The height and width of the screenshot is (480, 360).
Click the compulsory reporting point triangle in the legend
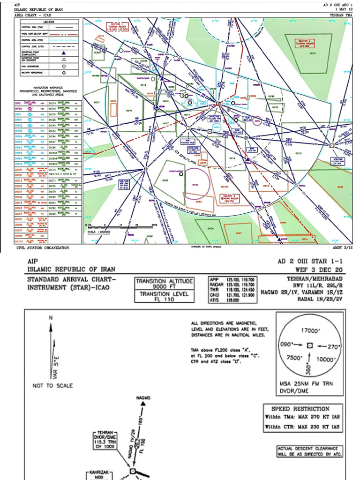pyautogui.click(x=64, y=52)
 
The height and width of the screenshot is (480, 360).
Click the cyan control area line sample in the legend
pyautogui.click(x=64, y=40)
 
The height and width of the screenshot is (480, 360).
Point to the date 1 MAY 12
pyautogui.click(x=343, y=9)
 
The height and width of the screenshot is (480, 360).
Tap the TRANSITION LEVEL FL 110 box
pyautogui.click(x=164, y=297)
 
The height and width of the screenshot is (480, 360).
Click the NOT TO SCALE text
pyautogui.click(x=53, y=385)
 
